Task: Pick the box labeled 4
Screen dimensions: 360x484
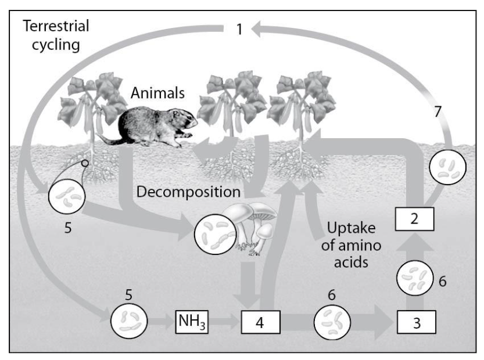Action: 261,321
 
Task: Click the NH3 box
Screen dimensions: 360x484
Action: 192,321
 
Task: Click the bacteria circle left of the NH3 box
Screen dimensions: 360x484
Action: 127,320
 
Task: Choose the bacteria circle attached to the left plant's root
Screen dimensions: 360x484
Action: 67,196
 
